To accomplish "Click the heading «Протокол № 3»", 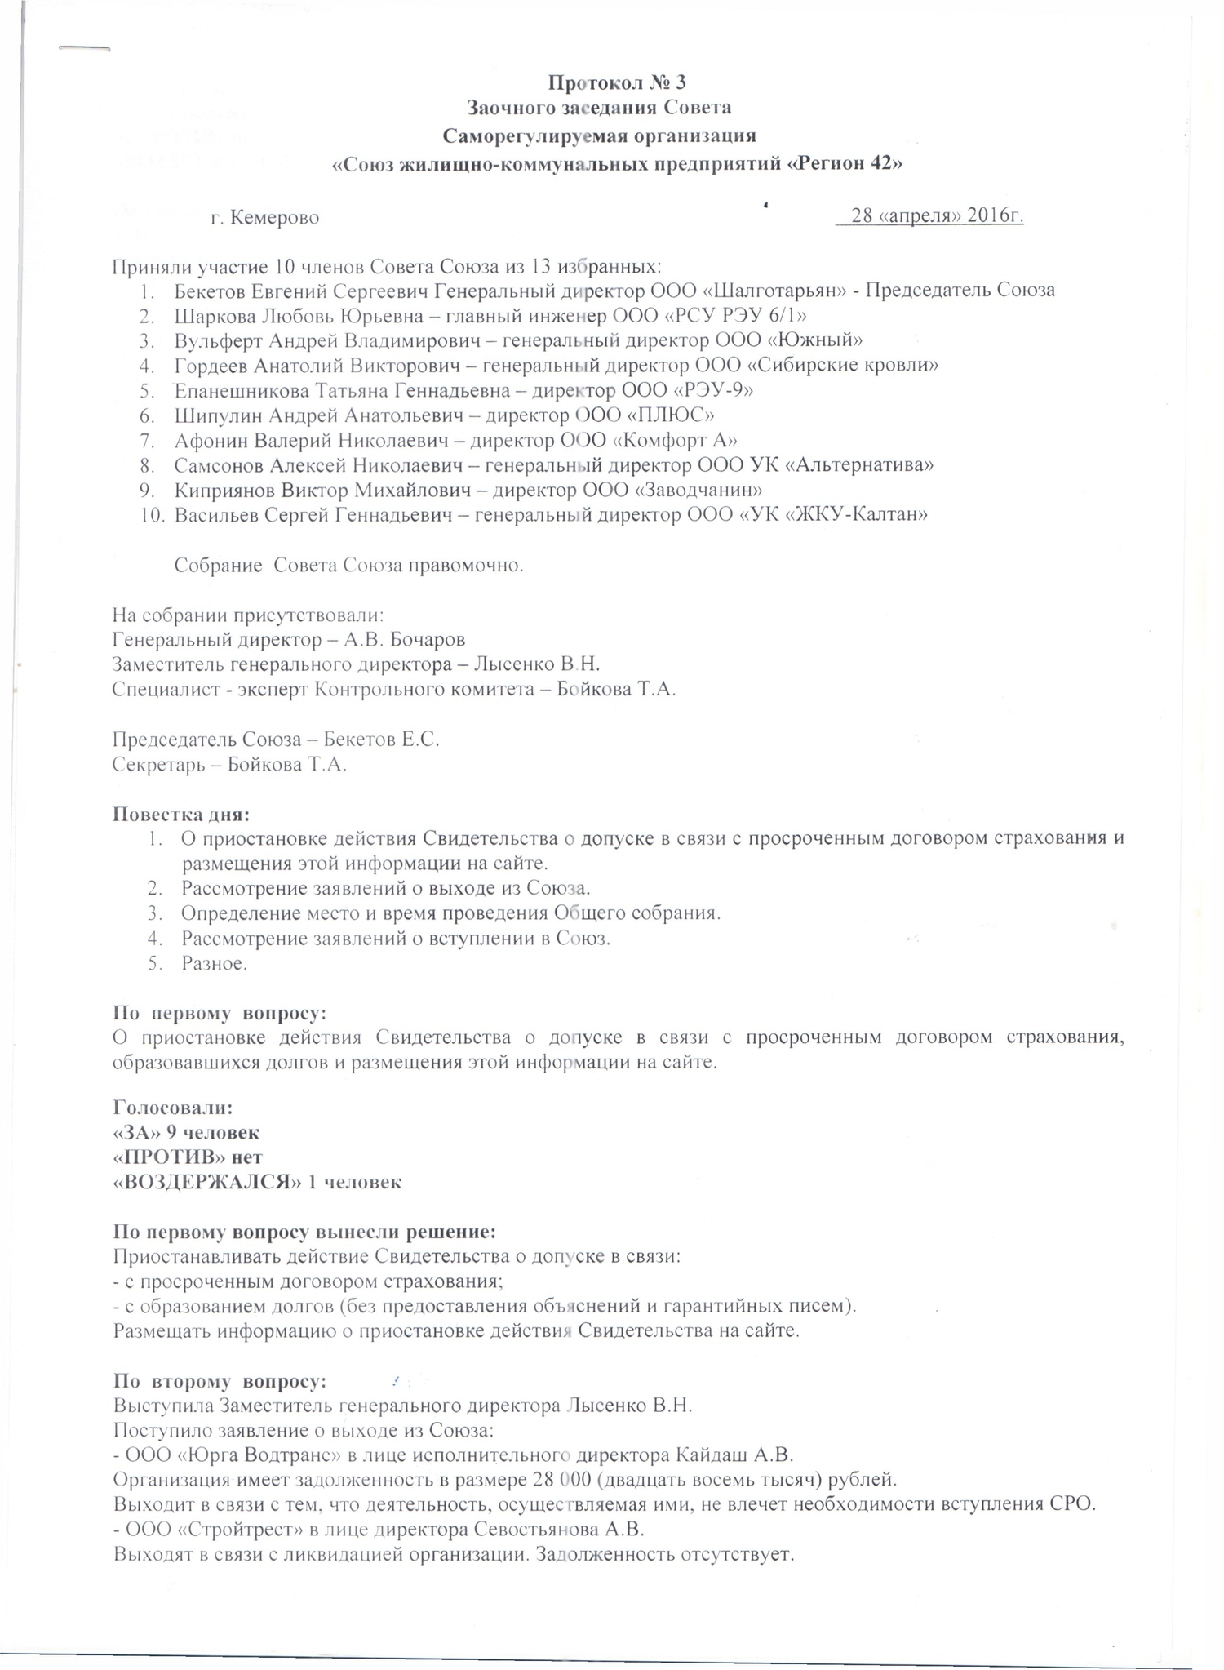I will pyautogui.click(x=617, y=82).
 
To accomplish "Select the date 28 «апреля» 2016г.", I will pyautogui.click(x=937, y=216).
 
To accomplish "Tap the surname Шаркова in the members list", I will pyautogui.click(x=209, y=315).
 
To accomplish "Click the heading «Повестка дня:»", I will pyautogui.click(x=180, y=814).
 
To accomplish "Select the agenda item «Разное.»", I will pyautogui.click(x=214, y=963).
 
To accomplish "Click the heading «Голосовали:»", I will pyautogui.click(x=172, y=1108).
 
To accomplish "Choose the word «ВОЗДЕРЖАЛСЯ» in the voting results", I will pyautogui.click(x=206, y=1182).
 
